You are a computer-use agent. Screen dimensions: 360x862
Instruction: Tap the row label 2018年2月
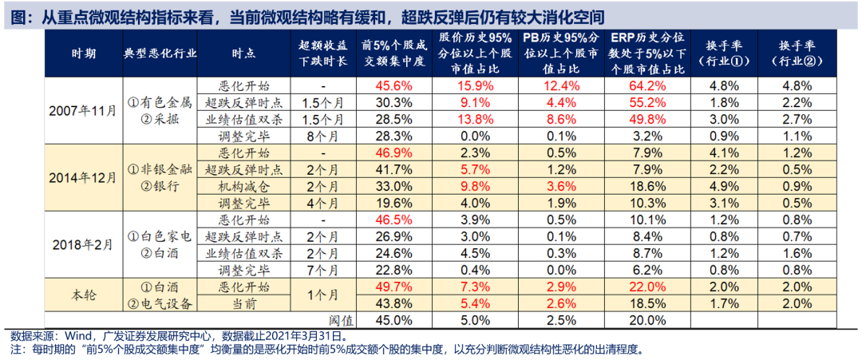pos(82,243)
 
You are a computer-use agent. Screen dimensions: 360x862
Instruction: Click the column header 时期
pos(83,53)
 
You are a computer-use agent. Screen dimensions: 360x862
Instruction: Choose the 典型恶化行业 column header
pos(160,53)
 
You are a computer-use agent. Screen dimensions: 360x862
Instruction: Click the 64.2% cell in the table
pos(646,85)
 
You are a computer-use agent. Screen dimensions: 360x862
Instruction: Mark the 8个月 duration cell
pos(322,136)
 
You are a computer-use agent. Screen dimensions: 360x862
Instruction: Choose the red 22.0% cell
pos(646,287)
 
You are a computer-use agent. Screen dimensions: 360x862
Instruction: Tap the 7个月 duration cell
pos(322,270)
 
